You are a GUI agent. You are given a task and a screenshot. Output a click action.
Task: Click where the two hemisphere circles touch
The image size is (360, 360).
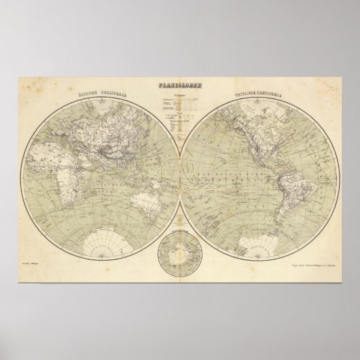coord(180,178)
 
